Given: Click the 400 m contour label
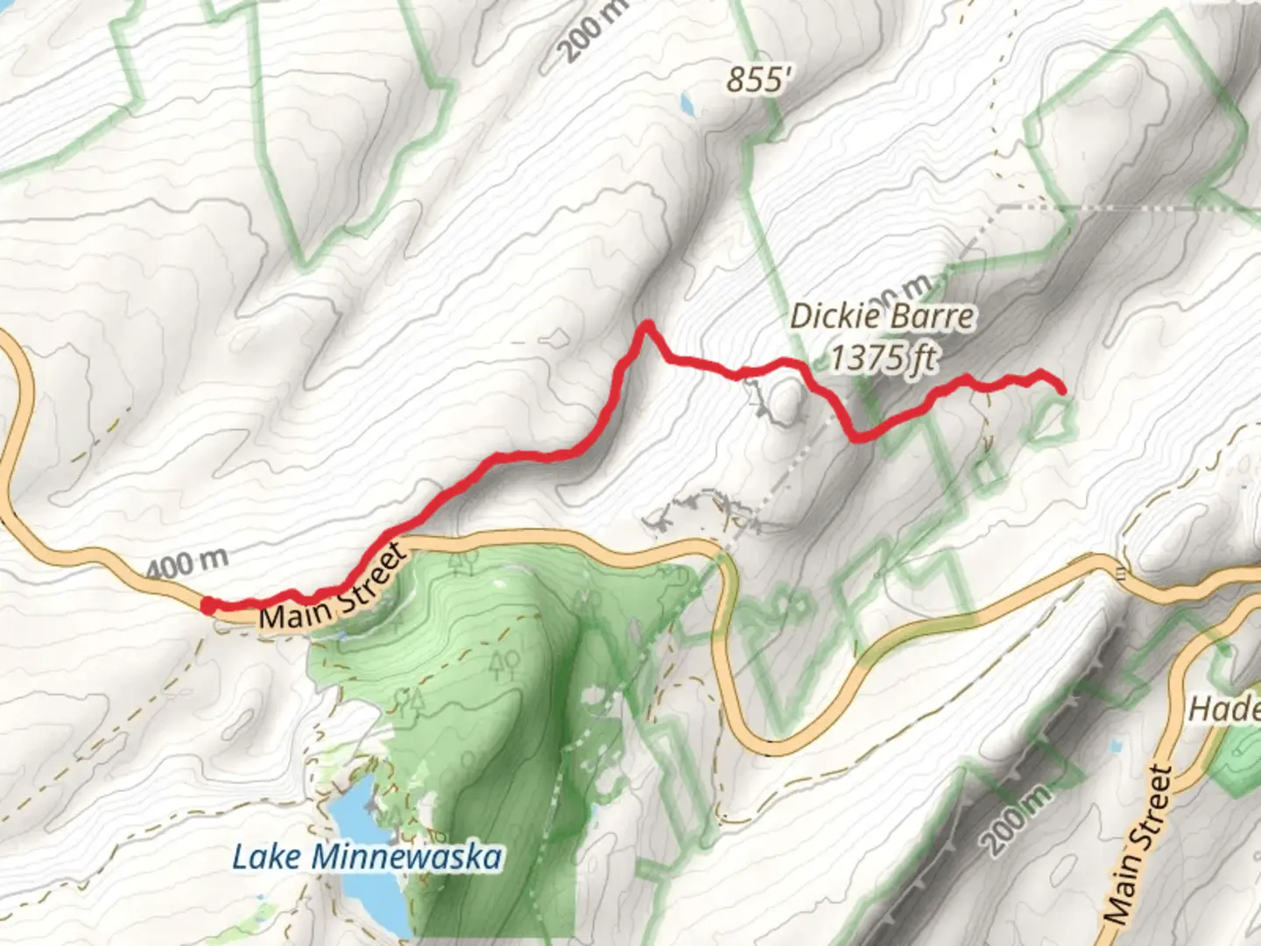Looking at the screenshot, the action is [x=187, y=562].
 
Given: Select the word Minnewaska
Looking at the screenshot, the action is [x=408, y=857].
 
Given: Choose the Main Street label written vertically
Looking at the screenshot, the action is [x=1136, y=846].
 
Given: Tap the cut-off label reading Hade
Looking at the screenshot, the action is [x=1223, y=709].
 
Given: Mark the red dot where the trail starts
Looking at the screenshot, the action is [x=209, y=605].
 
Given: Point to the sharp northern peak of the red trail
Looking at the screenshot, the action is [x=648, y=325].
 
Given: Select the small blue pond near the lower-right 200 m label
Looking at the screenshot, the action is [x=1115, y=745].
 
